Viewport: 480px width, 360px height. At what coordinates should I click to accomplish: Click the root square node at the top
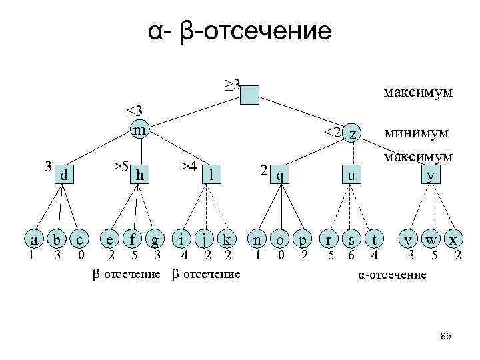pyautogui.click(x=250, y=95)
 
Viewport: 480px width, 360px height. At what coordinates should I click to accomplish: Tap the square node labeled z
pyautogui.click(x=351, y=135)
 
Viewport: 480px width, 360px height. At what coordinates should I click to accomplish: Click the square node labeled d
pyautogui.click(x=63, y=175)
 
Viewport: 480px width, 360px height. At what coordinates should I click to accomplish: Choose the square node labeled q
pyautogui.click(x=281, y=175)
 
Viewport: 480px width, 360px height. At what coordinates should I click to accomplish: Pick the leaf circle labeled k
pyautogui.click(x=227, y=239)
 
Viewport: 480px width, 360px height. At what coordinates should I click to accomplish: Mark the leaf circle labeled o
pyautogui.click(x=281, y=239)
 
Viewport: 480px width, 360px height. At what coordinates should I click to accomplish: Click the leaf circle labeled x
pyautogui.click(x=454, y=239)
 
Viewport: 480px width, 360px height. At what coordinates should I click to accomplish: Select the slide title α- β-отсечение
pyautogui.click(x=239, y=31)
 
